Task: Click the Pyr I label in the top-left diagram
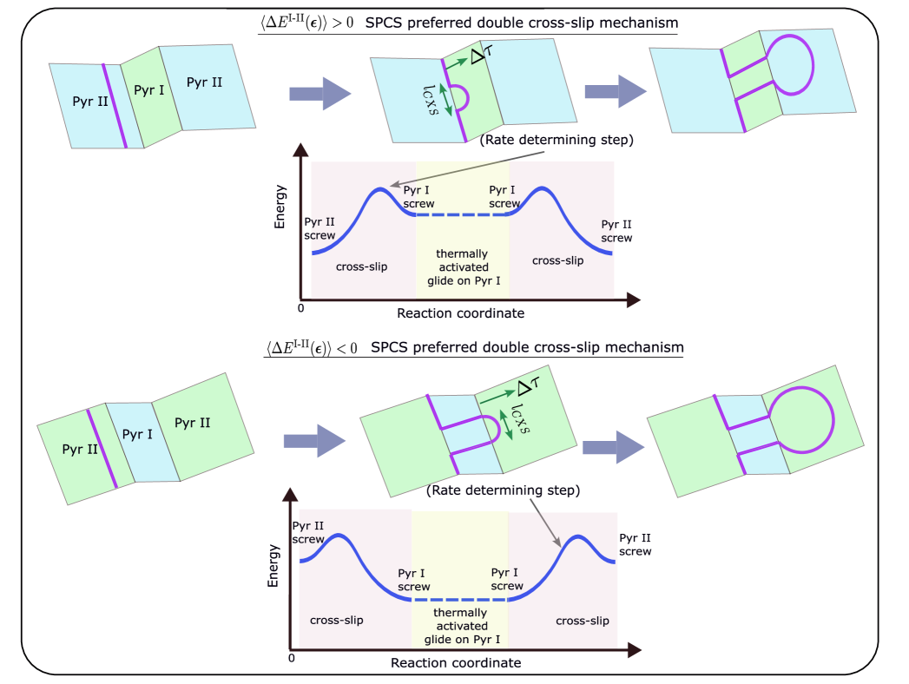[x=149, y=89]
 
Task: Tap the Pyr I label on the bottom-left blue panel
[x=137, y=435]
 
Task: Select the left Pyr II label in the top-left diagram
[x=90, y=102]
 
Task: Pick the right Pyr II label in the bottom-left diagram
[x=193, y=423]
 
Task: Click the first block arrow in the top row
[x=319, y=93]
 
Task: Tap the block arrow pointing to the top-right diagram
[x=615, y=91]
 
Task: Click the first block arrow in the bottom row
[x=314, y=441]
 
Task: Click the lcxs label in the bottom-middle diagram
[x=520, y=418]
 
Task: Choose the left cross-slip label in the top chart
[x=361, y=266]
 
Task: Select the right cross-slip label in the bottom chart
[x=582, y=621]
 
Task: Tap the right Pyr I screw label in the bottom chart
[x=507, y=579]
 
